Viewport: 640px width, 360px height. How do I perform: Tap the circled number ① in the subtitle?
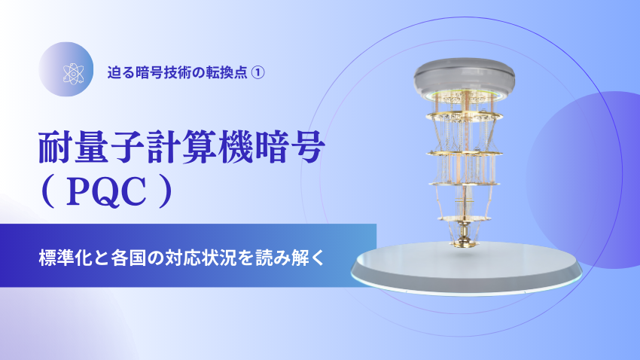[257, 72]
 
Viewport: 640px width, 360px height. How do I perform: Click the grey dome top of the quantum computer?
[464, 76]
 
